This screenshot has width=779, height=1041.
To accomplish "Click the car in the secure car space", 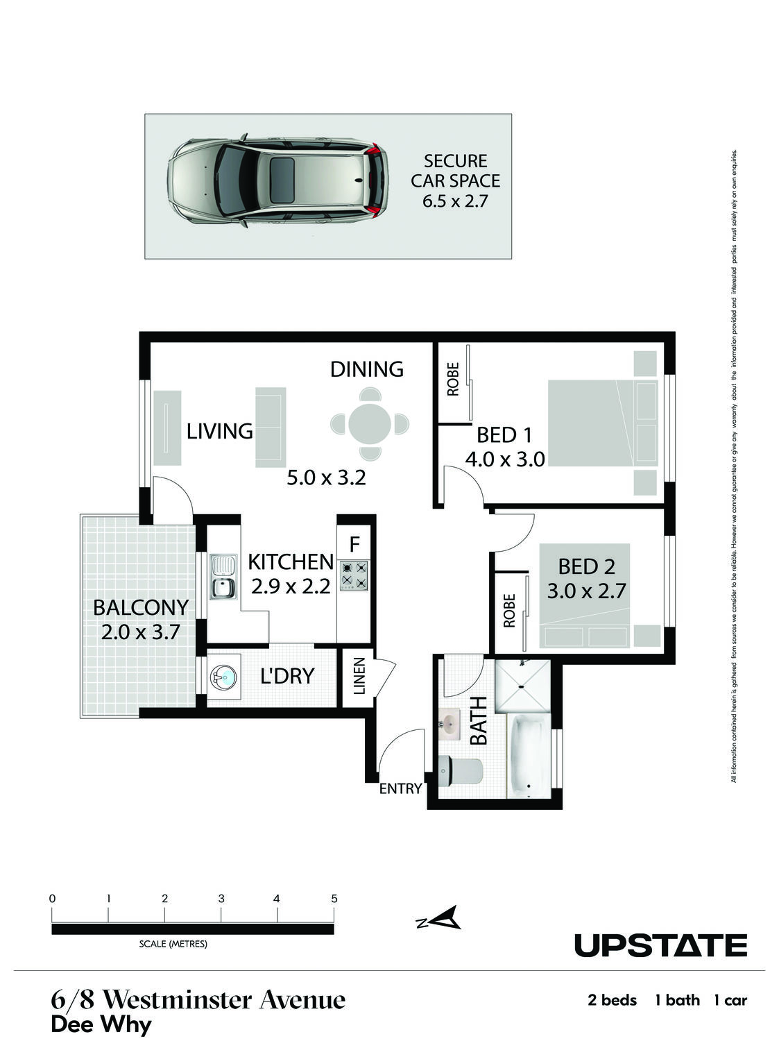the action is [278, 180].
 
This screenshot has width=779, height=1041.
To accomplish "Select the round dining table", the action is [370, 423].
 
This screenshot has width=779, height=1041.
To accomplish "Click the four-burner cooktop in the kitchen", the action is [354, 576].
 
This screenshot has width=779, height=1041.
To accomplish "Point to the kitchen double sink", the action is [223, 577].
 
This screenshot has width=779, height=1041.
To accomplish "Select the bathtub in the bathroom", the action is [529, 756].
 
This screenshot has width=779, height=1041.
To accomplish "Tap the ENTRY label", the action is [400, 788].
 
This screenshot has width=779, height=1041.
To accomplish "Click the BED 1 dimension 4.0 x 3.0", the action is [504, 459].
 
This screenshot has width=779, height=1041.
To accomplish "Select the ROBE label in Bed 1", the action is [453, 379].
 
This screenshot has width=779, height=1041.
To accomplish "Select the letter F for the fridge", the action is [354, 545].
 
